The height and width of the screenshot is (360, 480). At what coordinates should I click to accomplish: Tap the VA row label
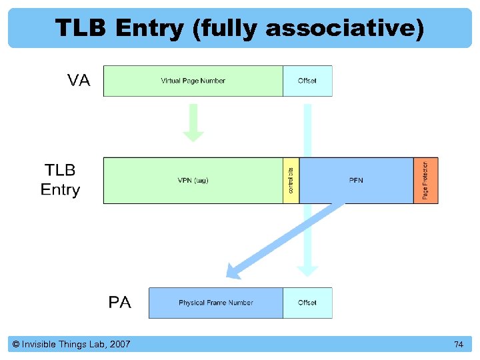[79, 81]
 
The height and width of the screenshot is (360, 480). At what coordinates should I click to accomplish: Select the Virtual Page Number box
[193, 81]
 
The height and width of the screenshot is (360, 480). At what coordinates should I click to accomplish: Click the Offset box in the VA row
[307, 81]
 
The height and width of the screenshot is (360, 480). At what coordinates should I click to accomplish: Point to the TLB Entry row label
[60, 180]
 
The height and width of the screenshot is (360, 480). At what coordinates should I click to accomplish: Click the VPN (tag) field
[193, 181]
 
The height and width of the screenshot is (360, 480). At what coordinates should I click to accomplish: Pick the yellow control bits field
[291, 181]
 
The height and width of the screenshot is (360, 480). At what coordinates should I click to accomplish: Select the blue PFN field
[356, 181]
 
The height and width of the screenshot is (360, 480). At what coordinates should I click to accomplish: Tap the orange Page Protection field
[426, 181]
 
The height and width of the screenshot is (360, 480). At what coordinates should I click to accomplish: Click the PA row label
[120, 303]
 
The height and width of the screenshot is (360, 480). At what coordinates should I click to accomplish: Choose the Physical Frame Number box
[215, 303]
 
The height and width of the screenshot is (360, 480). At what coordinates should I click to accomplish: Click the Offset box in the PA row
[307, 303]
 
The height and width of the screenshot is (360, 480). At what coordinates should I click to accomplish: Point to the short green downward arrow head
[193, 135]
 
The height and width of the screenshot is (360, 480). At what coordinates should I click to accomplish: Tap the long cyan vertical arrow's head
[307, 270]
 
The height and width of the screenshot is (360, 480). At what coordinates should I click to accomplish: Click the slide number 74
[458, 345]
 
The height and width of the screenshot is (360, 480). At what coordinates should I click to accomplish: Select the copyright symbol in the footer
[16, 345]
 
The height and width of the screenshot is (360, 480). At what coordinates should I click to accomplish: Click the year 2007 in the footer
[119, 345]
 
